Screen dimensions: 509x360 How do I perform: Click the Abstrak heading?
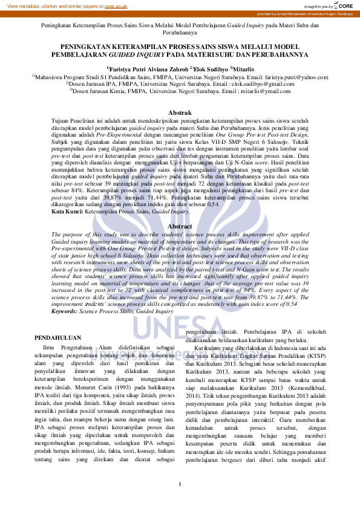click(180, 112)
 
